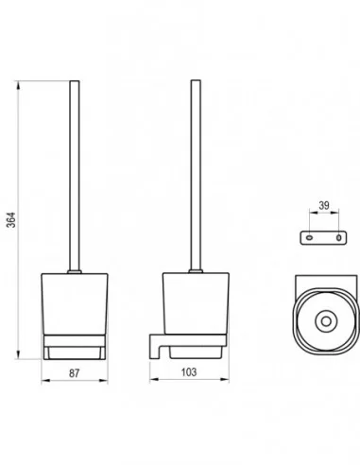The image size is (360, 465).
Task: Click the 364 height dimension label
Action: tap(11, 220)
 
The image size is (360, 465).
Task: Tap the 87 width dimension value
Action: tap(75, 373)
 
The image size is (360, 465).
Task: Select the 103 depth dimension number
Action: tap(189, 372)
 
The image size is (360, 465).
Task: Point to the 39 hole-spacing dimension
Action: tap(324, 206)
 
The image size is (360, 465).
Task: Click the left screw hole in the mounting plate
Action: tap(310, 237)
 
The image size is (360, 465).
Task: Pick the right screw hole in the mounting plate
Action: tap(338, 238)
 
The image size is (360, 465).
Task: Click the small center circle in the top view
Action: tap(326, 321)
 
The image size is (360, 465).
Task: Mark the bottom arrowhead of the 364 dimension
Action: tap(19, 354)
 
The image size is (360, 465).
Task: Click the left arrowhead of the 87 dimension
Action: tap(45, 381)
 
